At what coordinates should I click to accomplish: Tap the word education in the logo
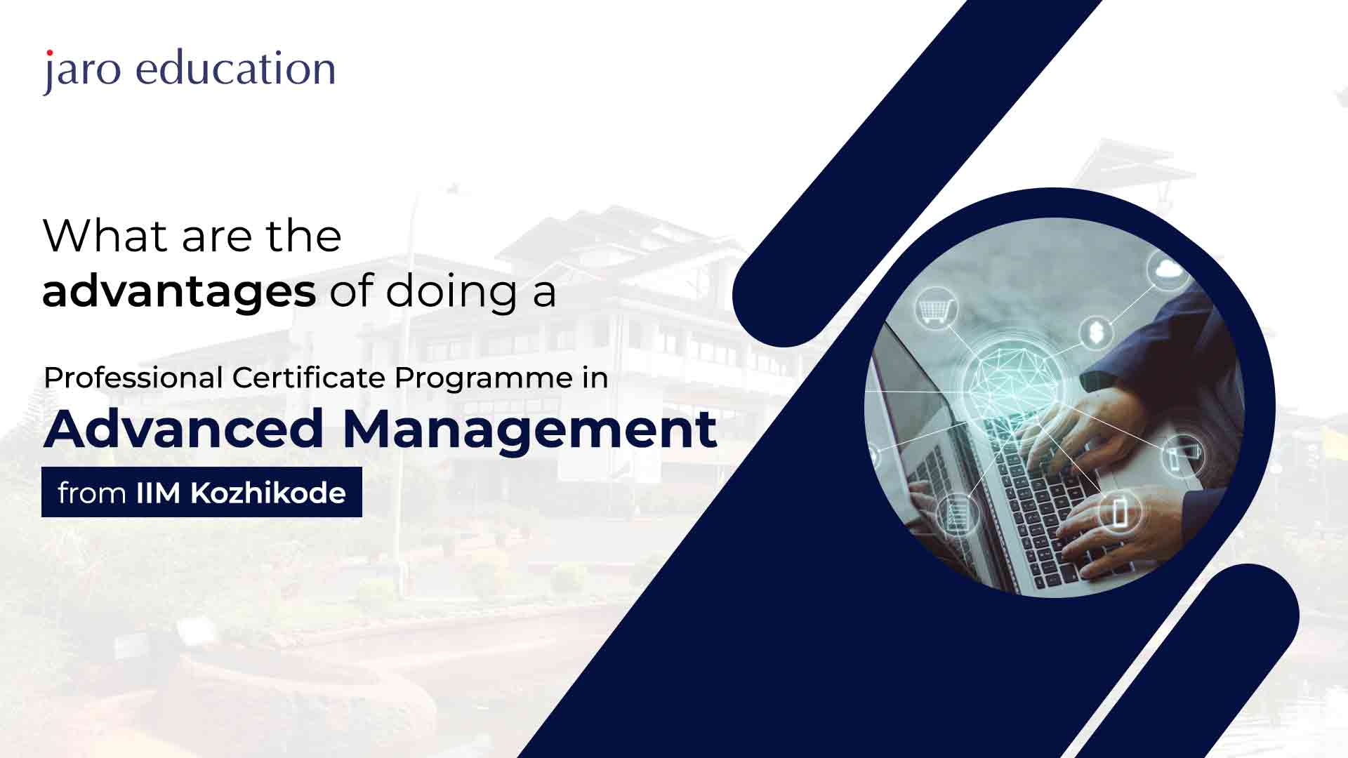pyautogui.click(x=236, y=68)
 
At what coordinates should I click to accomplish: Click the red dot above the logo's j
pyautogui.click(x=49, y=53)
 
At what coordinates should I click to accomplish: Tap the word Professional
pyautogui.click(x=133, y=378)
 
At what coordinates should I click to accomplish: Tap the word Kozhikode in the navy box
pyautogui.click(x=268, y=493)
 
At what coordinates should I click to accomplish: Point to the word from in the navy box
pyautogui.click(x=92, y=493)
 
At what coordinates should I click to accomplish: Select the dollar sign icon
pyautogui.click(x=1096, y=331)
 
